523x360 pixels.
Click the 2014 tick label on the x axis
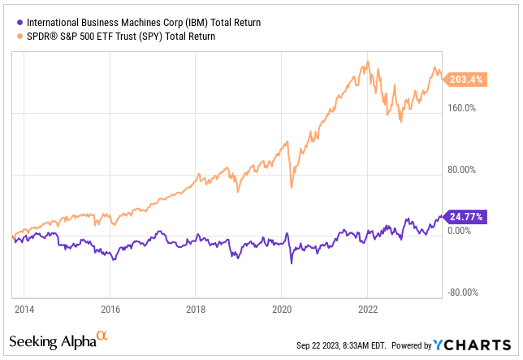pyautogui.click(x=24, y=310)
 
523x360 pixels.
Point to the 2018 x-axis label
pyautogui.click(x=195, y=310)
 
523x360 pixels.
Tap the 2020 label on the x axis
pyautogui.click(x=281, y=310)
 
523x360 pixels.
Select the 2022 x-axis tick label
pyautogui.click(x=367, y=310)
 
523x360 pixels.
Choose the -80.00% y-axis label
pyautogui.click(x=467, y=293)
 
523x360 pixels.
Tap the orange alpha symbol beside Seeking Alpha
pyautogui.click(x=102, y=335)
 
